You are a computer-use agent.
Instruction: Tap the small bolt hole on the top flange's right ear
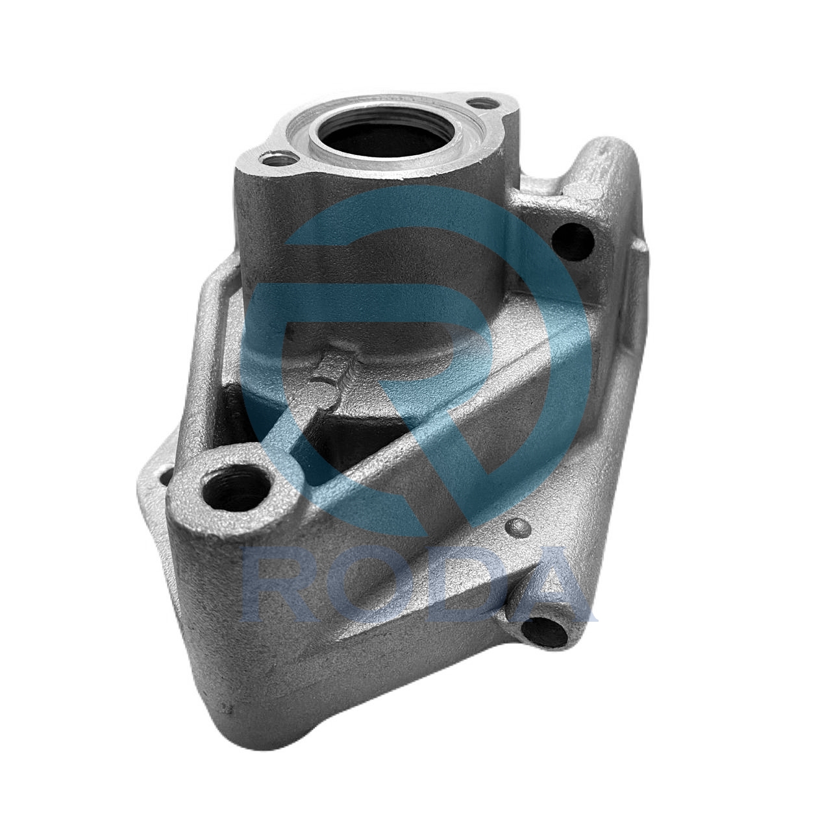[x=482, y=103]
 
